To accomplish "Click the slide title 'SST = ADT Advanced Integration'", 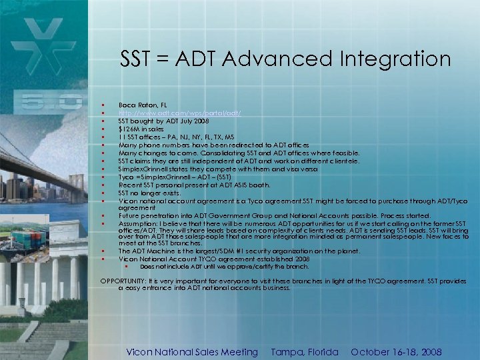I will pos(285,59).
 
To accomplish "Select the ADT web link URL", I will pos(179,113).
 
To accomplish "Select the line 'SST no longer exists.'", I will pos(153,193).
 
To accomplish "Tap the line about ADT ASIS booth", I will pos(194,185).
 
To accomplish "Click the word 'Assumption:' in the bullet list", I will pos(137,224).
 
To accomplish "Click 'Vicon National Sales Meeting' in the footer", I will pos(192,352).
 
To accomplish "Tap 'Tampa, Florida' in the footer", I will pos(305,352).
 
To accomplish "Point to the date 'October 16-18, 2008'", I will pos(396,352).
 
